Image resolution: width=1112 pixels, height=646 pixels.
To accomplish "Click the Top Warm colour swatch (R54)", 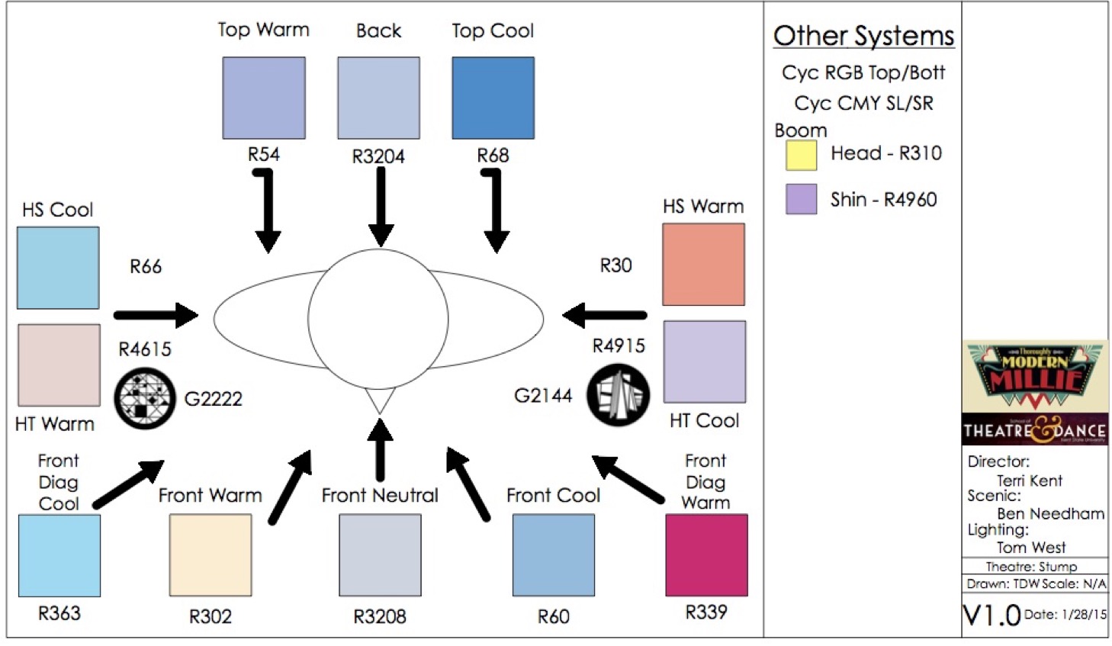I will click(x=264, y=98).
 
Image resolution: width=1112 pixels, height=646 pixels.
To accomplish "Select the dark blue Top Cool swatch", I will click(x=493, y=98).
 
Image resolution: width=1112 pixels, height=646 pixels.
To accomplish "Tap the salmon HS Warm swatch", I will click(x=703, y=264).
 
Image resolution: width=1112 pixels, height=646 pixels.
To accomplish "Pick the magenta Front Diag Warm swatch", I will click(x=706, y=554).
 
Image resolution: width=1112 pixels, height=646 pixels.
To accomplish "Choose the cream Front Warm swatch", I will click(x=211, y=554).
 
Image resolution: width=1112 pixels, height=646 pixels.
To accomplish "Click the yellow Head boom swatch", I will click(x=802, y=155).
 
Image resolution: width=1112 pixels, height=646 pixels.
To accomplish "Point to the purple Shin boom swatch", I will click(x=802, y=199).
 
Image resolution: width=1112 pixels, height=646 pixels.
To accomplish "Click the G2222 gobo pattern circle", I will click(x=145, y=398).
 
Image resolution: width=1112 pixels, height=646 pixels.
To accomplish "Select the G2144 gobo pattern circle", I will click(x=619, y=395).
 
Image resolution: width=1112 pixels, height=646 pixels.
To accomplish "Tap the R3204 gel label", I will click(x=378, y=156).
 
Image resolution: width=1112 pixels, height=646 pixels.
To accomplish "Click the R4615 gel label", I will click(x=145, y=349).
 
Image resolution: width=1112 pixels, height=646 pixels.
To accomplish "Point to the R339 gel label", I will click(x=706, y=612).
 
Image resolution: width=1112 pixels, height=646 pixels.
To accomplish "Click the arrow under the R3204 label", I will click(x=380, y=206).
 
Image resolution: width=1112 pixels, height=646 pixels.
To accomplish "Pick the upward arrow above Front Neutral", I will click(x=380, y=450).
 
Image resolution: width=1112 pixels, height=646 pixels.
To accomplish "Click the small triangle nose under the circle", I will click(x=380, y=399).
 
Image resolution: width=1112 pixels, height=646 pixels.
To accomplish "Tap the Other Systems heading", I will click(x=863, y=36).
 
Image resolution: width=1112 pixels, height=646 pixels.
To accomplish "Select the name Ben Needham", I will click(x=1050, y=513).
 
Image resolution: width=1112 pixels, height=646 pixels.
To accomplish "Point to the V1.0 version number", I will click(x=991, y=615).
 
